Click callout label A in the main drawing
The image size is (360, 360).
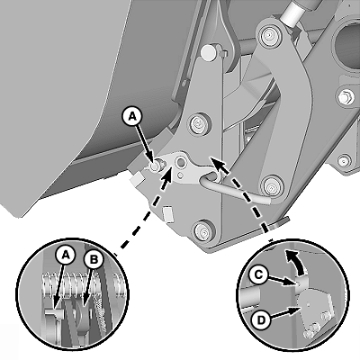point(132,117)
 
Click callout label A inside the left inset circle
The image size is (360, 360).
point(66,256)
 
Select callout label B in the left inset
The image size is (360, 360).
point(94,260)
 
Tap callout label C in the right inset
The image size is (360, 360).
point(258,274)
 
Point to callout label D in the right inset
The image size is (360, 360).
point(261,320)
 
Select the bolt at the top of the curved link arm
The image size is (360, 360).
point(269,35)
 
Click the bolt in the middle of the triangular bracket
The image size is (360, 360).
point(197,122)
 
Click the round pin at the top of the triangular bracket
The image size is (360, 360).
point(209,50)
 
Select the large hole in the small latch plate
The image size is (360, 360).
point(181,162)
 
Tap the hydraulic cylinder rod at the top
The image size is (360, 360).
point(293,12)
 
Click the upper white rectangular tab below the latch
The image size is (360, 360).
point(137,180)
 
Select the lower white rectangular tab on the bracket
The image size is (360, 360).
point(168,213)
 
